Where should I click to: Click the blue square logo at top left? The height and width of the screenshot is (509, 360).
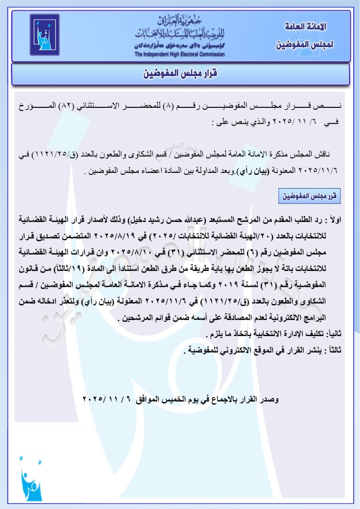click(45, 35)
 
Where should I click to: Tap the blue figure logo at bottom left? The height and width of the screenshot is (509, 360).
click(31, 479)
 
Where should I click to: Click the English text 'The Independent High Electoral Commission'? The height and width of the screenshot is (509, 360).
click(180, 54)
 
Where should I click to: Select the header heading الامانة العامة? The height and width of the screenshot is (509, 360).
click(306, 27)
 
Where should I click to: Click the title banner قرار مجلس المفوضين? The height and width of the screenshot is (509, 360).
click(180, 75)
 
